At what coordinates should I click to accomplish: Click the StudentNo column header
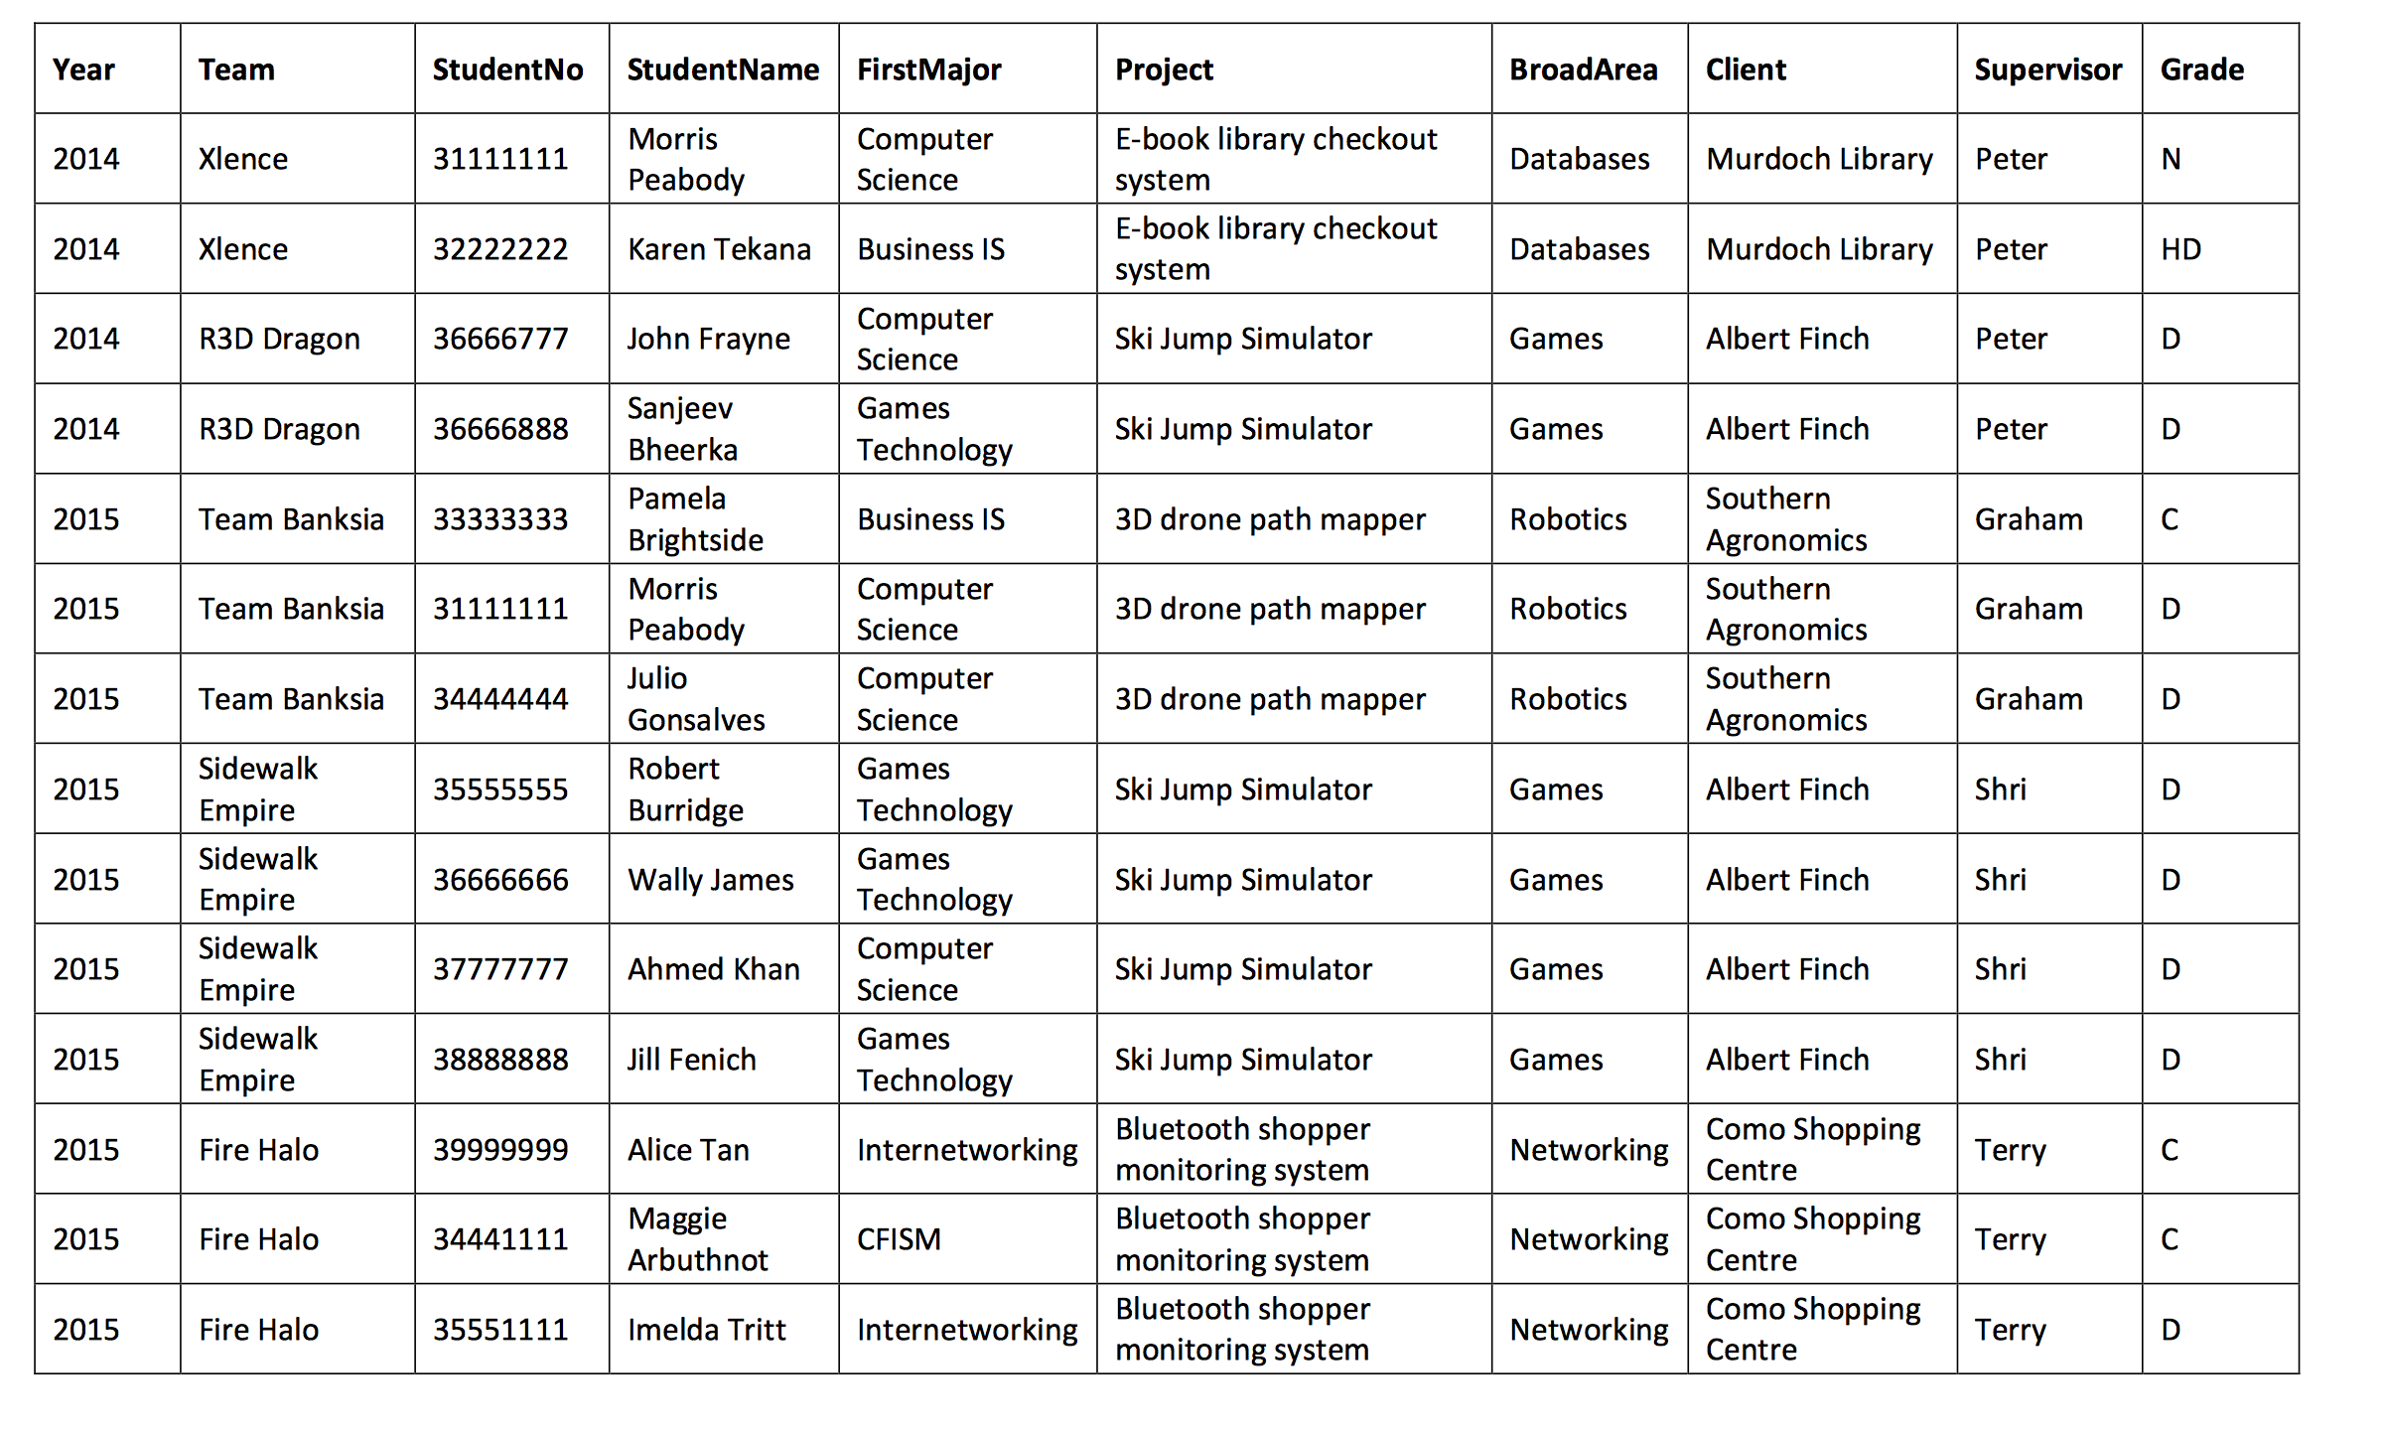(x=507, y=70)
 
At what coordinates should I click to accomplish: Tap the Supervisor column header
(x=2047, y=70)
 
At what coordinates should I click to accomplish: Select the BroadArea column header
(x=1583, y=70)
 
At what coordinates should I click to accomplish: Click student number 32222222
(x=500, y=249)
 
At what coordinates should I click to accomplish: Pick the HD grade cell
(x=2180, y=249)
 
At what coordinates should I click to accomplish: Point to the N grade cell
(x=2172, y=159)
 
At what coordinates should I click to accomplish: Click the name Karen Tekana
(x=719, y=249)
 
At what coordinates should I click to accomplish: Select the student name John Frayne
(x=708, y=340)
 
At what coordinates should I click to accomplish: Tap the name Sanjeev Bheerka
(x=682, y=429)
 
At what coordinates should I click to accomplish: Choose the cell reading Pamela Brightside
(x=695, y=519)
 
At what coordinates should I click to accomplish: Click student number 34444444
(x=500, y=699)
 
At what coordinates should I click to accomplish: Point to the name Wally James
(x=710, y=880)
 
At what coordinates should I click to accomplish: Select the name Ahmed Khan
(x=713, y=969)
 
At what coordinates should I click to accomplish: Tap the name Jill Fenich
(x=691, y=1060)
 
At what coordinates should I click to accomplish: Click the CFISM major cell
(x=899, y=1239)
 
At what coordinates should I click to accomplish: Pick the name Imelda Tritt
(x=706, y=1330)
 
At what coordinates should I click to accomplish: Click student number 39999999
(x=500, y=1150)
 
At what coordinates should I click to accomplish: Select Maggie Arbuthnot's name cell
(x=697, y=1239)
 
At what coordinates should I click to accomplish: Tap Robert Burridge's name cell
(x=685, y=789)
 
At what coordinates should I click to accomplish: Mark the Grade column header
(x=2201, y=70)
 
